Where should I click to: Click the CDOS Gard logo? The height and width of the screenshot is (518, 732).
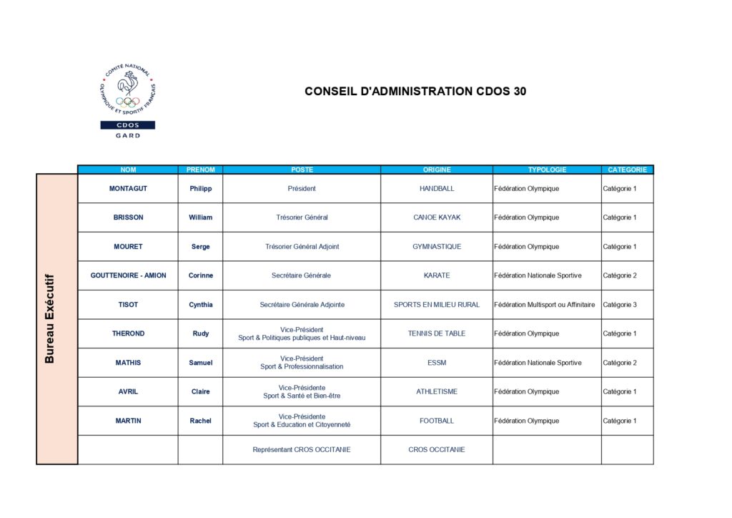127,101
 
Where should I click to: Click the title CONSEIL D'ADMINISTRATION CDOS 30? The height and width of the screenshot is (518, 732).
415,92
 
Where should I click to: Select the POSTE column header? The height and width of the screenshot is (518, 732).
302,170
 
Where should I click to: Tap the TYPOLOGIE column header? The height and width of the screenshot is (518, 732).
547,170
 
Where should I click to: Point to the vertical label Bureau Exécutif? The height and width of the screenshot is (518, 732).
50,318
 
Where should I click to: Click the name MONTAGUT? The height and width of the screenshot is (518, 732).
128,189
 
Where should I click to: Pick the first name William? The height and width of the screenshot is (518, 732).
200,218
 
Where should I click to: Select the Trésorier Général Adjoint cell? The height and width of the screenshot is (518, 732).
302,247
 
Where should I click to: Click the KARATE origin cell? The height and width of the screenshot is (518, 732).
436,275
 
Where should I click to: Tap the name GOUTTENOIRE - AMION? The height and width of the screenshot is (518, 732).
128,275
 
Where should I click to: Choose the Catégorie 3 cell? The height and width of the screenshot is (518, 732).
619,305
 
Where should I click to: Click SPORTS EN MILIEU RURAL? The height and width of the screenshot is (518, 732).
436,305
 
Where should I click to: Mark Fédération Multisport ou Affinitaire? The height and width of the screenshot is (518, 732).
544,305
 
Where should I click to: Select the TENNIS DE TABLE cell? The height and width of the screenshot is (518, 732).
436,333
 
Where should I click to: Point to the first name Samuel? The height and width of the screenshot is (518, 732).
200,363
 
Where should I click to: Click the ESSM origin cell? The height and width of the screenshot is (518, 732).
436,363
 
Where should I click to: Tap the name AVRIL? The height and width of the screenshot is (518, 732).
128,392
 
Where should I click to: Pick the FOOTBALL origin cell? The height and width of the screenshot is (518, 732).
436,421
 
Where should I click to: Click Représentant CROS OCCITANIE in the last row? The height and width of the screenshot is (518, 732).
302,450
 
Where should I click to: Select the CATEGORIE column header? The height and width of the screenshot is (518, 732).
627,170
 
